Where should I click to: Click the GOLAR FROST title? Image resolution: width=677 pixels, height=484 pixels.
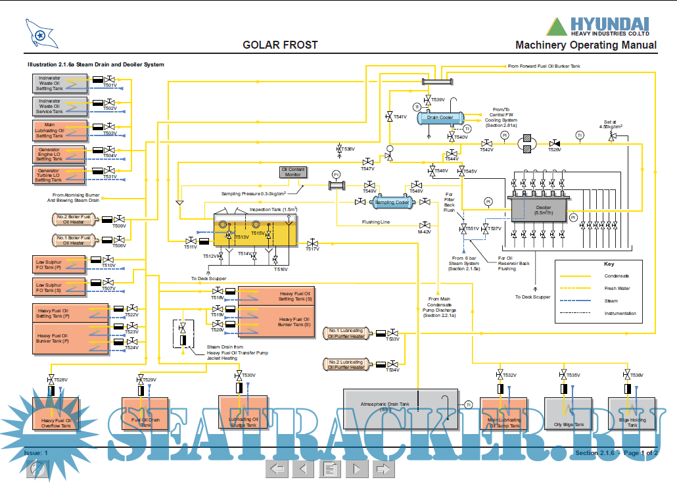click(280, 45)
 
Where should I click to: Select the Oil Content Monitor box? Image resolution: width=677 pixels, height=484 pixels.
click(293, 172)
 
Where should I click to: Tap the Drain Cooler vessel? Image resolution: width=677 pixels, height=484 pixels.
click(439, 118)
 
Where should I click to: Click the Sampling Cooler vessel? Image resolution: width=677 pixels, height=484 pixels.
click(392, 203)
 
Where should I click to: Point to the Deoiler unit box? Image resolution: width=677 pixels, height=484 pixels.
click(542, 209)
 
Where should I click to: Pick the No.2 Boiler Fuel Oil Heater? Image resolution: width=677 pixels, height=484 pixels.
click(72, 219)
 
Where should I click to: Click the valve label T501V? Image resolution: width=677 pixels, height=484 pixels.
click(110, 85)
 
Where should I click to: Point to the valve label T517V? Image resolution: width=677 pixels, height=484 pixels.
click(312, 249)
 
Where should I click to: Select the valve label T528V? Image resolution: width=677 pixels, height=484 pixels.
click(60, 379)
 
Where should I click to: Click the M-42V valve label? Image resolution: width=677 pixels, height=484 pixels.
click(424, 231)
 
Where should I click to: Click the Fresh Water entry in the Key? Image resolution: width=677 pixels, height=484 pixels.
click(617, 288)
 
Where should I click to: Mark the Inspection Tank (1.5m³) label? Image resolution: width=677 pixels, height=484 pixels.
click(273, 210)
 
